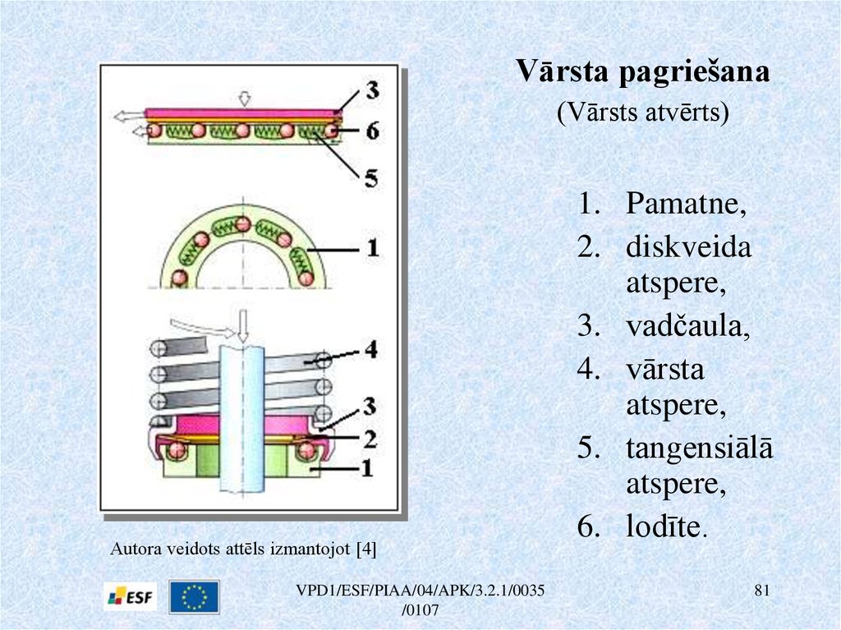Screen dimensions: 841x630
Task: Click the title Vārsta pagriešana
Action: click(643, 72)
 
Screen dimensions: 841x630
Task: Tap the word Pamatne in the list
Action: click(686, 204)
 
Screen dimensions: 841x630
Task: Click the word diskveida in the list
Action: click(688, 247)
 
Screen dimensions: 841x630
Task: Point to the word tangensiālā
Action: click(700, 448)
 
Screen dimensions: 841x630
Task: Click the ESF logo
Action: click(131, 597)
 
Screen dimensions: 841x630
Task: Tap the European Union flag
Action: click(194, 597)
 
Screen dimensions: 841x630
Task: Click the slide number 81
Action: click(762, 591)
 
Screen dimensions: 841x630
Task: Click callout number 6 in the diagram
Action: click(371, 130)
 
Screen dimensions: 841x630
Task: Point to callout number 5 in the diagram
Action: click(371, 177)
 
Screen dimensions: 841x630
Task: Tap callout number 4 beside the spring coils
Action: click(370, 351)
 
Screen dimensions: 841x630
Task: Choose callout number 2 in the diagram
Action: click(370, 439)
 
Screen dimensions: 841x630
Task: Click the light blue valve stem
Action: click(241, 419)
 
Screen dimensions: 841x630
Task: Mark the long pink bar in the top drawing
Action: click(242, 113)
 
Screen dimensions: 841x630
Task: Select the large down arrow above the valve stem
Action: click(242, 326)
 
